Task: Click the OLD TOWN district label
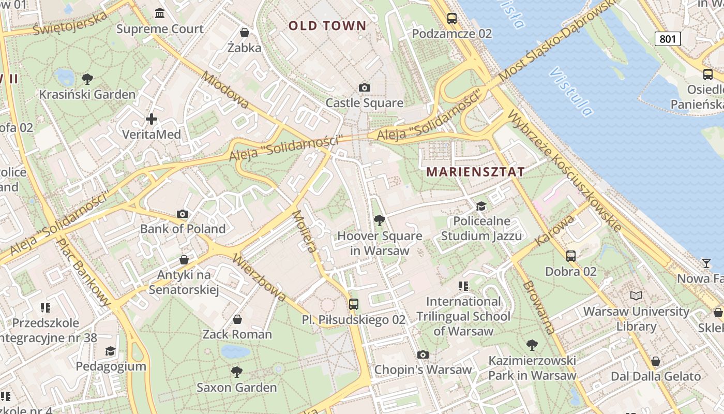(x=327, y=25)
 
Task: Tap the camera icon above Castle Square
(x=365, y=87)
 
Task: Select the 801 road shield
(x=668, y=38)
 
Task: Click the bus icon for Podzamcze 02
(x=451, y=19)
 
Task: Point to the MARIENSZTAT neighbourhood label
(x=475, y=172)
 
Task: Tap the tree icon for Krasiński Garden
(x=87, y=79)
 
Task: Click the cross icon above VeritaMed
(x=152, y=119)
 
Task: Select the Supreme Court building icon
(x=160, y=13)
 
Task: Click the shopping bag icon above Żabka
(x=245, y=33)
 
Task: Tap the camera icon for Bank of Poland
(x=183, y=214)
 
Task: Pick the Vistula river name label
(x=571, y=91)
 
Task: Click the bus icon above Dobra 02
(x=571, y=256)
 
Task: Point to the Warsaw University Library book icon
(x=636, y=295)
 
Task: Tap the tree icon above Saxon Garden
(x=237, y=372)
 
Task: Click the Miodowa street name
(x=225, y=90)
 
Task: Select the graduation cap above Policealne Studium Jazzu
(x=481, y=206)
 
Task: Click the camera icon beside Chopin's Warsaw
(x=423, y=354)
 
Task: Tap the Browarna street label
(x=538, y=307)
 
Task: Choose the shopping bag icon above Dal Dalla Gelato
(x=656, y=361)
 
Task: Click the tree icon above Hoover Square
(x=379, y=220)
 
